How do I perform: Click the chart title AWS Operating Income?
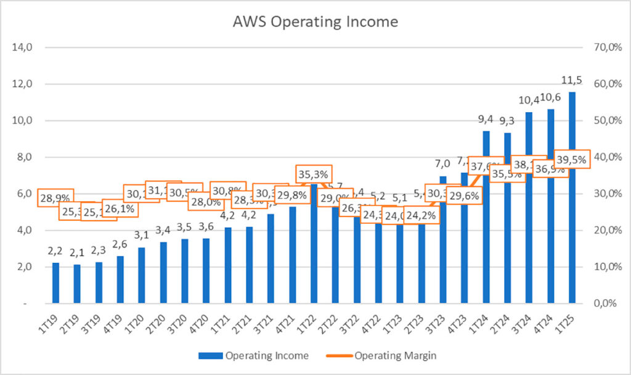[x=315, y=22]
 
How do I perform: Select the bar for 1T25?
[x=572, y=197]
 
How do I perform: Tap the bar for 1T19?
[x=56, y=283]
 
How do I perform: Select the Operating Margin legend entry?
[x=388, y=355]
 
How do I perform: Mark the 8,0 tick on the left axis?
[x=23, y=157]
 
